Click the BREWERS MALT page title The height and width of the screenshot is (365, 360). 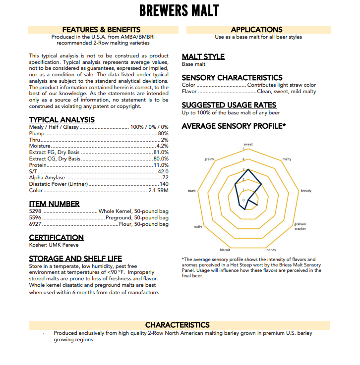(179, 10)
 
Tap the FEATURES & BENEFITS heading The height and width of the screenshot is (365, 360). (101, 30)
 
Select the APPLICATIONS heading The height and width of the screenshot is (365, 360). (256, 30)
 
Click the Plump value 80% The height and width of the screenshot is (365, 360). (163, 134)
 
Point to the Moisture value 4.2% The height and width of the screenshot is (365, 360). (162, 146)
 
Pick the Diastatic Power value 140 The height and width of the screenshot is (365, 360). (164, 184)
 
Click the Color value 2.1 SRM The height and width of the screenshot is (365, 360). (159, 190)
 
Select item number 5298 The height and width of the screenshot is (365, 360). (35, 211)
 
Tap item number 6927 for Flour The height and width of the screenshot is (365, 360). (35, 224)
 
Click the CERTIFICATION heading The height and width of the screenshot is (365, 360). (56, 238)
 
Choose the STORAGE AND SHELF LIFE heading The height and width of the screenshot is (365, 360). (75, 259)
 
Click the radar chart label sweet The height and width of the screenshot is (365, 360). (248, 144)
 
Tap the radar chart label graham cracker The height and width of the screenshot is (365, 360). (300, 226)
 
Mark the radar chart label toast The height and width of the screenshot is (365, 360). (192, 191)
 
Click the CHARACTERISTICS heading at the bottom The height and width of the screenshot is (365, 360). (177, 325)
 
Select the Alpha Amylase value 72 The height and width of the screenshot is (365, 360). (166, 177)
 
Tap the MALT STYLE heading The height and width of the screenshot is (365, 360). (203, 57)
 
